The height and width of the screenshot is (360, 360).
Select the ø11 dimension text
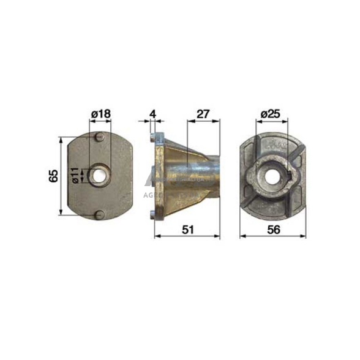(73, 176)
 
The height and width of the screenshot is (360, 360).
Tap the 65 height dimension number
(53, 176)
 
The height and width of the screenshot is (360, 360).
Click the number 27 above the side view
(203, 114)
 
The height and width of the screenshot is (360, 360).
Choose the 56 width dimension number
(270, 230)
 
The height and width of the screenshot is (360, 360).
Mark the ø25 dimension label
(270, 114)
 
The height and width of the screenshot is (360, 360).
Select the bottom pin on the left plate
(99, 215)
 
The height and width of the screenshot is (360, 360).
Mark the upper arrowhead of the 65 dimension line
(61, 139)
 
